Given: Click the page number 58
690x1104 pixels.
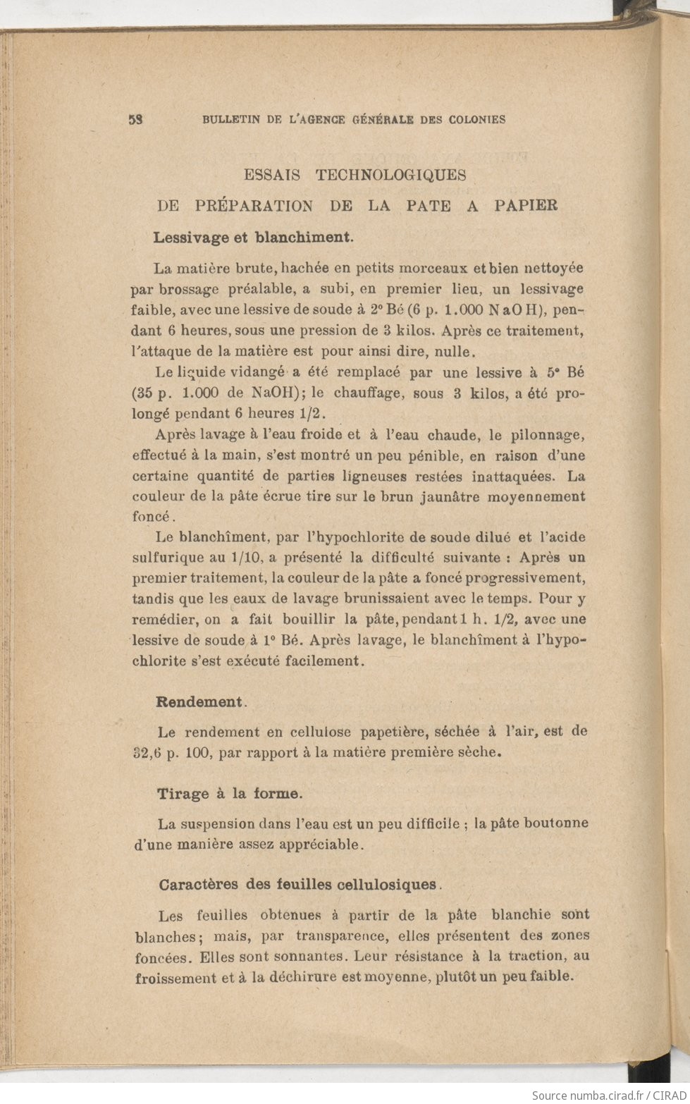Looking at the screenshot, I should coord(137,119).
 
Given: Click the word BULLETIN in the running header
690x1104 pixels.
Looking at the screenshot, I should coord(229,120).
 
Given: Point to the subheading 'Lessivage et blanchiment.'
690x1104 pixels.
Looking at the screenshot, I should coord(253,237).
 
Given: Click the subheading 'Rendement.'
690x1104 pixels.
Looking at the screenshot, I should coord(201,702).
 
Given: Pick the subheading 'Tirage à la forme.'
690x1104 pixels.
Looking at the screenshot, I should coord(230,793).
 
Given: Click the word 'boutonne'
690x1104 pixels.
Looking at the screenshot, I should coord(557,823).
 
